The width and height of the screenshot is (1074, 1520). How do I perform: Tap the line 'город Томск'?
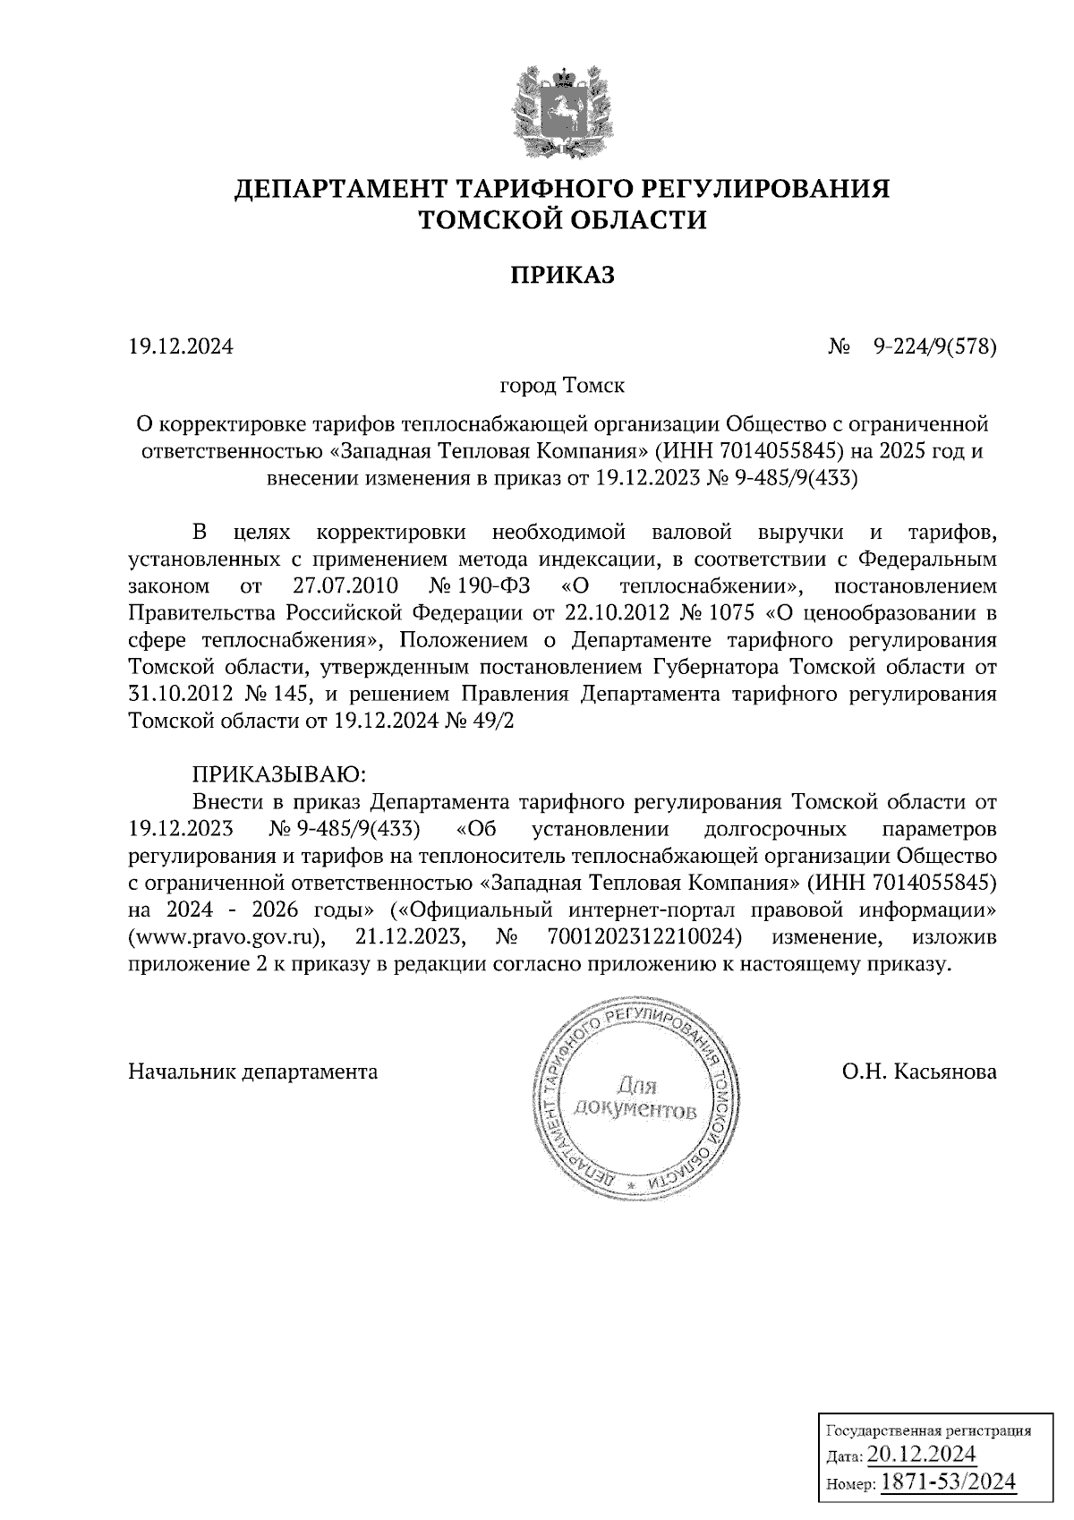563,386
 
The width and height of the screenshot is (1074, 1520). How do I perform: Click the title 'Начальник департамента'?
253,1071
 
